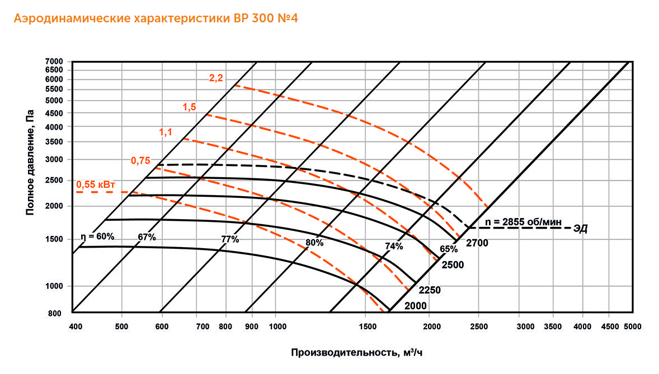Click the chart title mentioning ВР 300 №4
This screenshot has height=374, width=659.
coord(156,18)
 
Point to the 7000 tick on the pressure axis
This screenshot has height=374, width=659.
coord(57,61)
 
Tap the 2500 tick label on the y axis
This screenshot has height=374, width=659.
coord(57,180)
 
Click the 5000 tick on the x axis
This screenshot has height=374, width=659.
coord(632,325)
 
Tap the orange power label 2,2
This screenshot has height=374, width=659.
coord(216,78)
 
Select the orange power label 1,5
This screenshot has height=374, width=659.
coord(189,107)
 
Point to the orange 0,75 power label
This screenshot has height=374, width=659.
coord(140,160)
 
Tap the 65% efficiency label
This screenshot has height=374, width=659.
coord(449,249)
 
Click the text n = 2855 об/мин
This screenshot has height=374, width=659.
coord(524,221)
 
